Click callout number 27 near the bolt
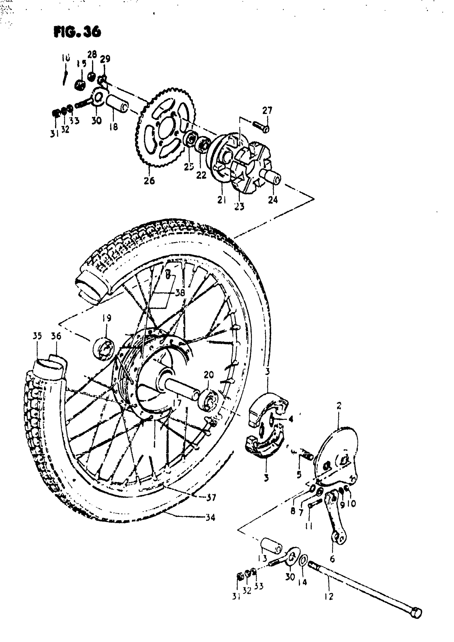267,110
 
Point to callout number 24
273,200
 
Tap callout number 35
37,336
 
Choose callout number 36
56,336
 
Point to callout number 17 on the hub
177,403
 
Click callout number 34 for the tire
210,517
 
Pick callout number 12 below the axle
329,597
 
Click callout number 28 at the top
92,54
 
